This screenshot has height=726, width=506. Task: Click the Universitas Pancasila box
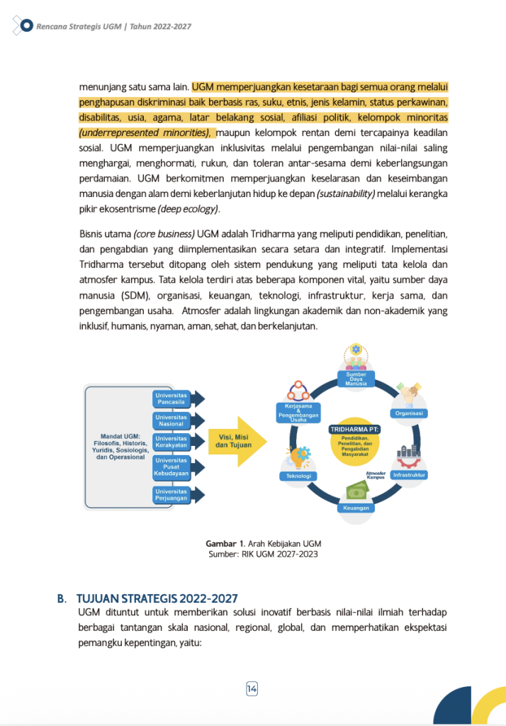pyautogui.click(x=172, y=398)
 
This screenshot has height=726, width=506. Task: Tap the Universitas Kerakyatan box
pyautogui.click(x=172, y=442)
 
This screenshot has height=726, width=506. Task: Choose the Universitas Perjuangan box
pyautogui.click(x=172, y=493)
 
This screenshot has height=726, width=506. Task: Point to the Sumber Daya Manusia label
pyautogui.click(x=356, y=380)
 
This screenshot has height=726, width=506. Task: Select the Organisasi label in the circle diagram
pyautogui.click(x=409, y=413)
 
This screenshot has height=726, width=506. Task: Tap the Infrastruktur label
pyautogui.click(x=410, y=474)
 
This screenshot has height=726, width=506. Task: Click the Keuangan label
pyautogui.click(x=356, y=508)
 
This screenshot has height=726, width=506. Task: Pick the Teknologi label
pyautogui.click(x=297, y=476)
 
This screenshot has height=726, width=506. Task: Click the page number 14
pyautogui.click(x=252, y=688)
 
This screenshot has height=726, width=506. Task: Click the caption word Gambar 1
pyautogui.click(x=220, y=544)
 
